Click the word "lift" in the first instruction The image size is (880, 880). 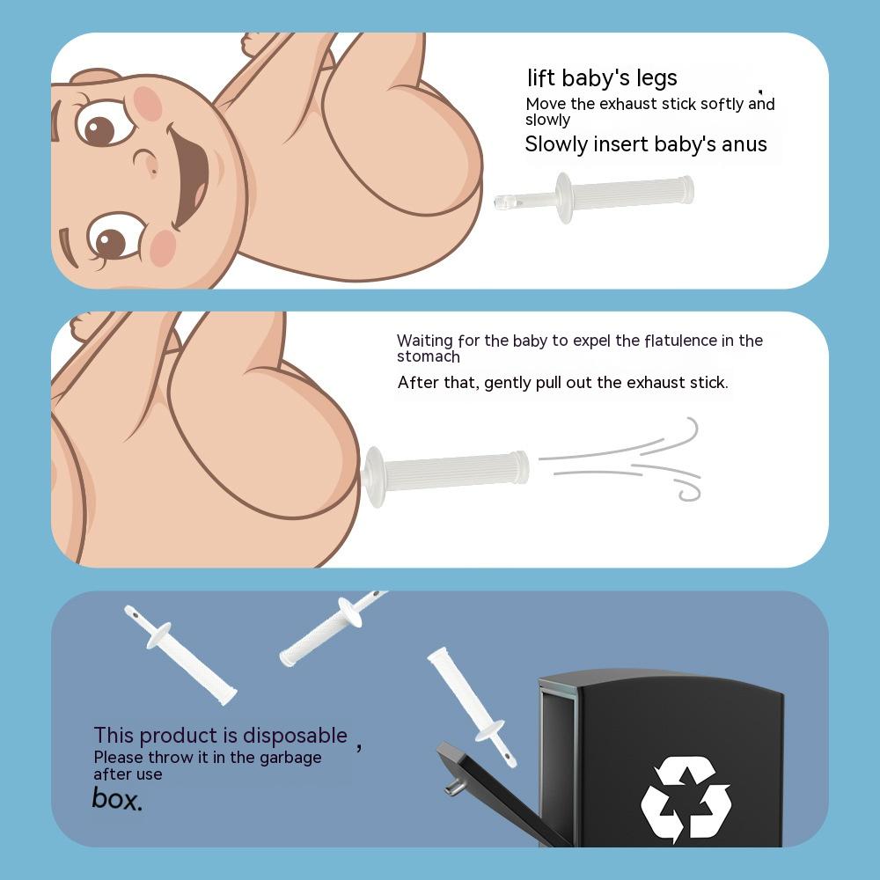541,77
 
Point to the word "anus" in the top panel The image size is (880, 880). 744,145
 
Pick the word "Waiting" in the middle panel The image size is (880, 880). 425,341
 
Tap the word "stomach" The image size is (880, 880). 429,357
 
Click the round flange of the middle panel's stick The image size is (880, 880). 374,476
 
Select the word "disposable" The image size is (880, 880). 295,736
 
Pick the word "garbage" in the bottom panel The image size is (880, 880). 290,759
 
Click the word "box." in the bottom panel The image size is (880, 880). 117,798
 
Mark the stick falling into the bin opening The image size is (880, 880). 472,708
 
